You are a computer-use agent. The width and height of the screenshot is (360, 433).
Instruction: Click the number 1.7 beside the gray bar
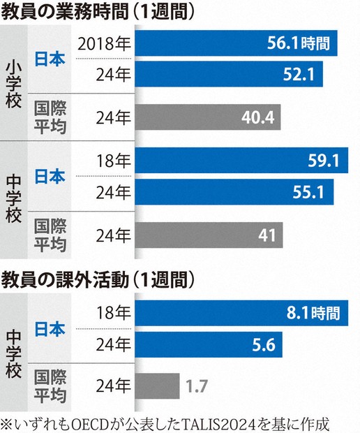[x=197, y=384]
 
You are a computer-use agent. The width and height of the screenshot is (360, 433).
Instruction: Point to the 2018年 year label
[x=105, y=45]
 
